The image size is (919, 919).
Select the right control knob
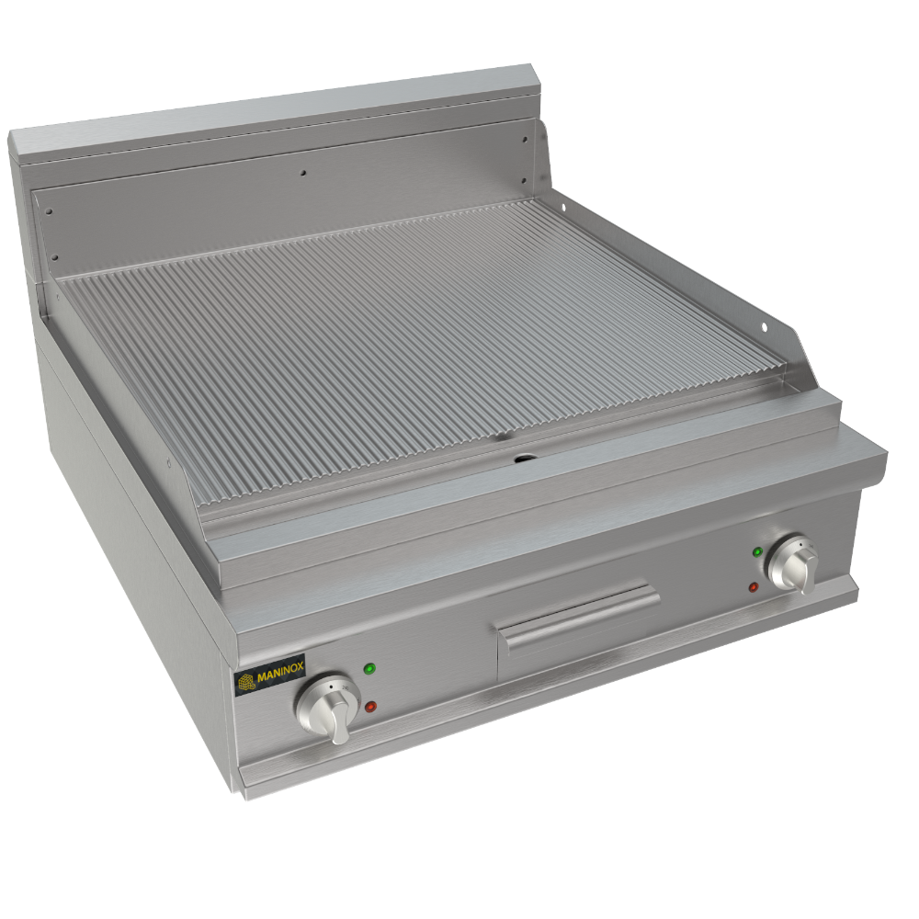[x=794, y=562]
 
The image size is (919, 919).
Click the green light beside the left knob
[x=369, y=668]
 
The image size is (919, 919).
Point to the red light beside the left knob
[x=370, y=706]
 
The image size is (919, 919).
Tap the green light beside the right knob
[x=757, y=552]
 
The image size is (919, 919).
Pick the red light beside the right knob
[x=754, y=586]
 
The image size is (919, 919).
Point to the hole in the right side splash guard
[x=764, y=324]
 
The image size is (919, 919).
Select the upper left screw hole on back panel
[x=49, y=211]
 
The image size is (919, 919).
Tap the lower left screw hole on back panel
[x=54, y=257]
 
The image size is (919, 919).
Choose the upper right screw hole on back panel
[x=525, y=141]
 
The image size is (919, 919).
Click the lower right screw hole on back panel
[x=528, y=180]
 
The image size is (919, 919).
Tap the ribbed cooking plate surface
[x=414, y=331]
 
